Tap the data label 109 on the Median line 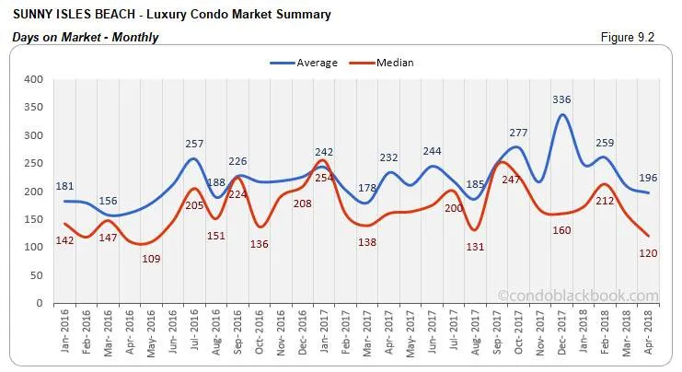[152, 258]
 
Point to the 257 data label [192, 145]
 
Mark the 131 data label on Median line [475, 246]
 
